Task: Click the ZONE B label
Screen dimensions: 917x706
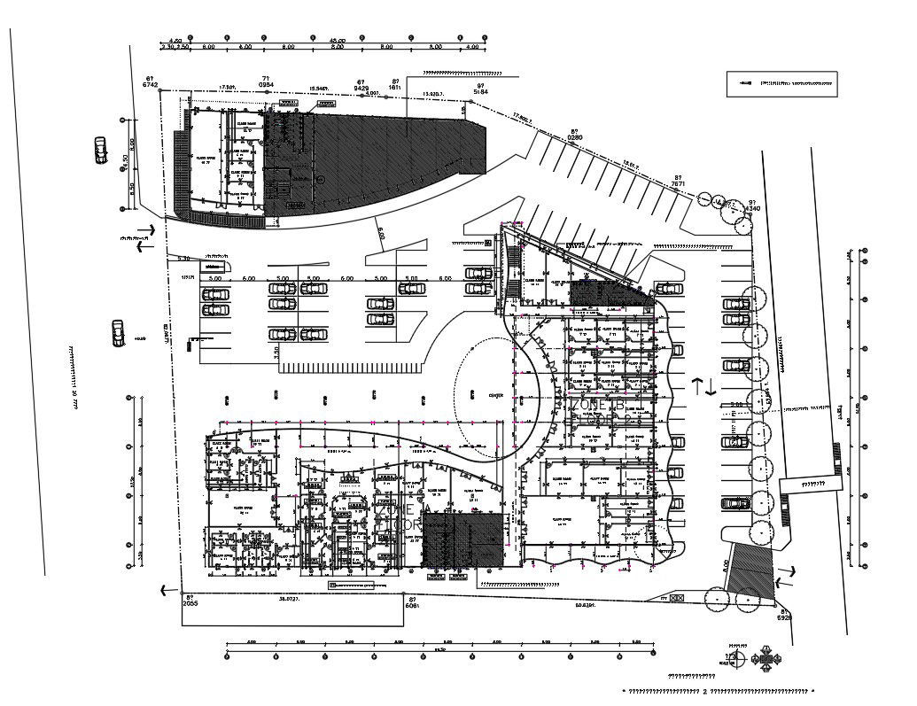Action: coord(600,405)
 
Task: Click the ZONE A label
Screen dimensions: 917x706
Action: coord(402,511)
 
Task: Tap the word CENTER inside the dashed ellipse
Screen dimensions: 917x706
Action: coord(496,395)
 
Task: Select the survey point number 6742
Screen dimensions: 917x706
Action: coord(151,87)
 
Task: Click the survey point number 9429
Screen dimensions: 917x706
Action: coord(361,89)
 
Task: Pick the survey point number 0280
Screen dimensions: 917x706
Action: coord(574,137)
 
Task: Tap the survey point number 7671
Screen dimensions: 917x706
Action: coord(679,182)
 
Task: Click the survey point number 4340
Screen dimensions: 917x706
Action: coord(752,207)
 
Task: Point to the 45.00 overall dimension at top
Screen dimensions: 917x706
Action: coord(337,41)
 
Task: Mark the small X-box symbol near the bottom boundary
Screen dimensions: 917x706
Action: coord(678,600)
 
